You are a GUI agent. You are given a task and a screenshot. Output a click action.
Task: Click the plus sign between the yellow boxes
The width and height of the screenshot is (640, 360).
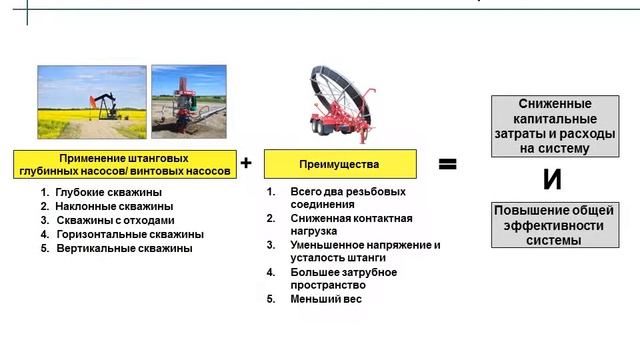pyautogui.click(x=246, y=161)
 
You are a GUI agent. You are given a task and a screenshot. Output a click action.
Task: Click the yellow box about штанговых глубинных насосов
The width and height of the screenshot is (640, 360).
pyautogui.click(x=125, y=165)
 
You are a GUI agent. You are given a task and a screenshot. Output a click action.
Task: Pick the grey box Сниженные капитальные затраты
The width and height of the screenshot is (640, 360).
pyautogui.click(x=553, y=126)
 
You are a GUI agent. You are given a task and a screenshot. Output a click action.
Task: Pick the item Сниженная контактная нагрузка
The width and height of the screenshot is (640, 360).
pyautogui.click(x=350, y=224)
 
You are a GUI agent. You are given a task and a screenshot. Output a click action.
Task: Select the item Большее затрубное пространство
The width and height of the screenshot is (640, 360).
pyautogui.click(x=343, y=278)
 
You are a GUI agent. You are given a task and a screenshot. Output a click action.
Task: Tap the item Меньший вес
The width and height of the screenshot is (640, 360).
pyautogui.click(x=325, y=299)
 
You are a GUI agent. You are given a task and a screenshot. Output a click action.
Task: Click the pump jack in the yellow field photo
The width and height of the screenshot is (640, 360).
pyautogui.click(x=99, y=105)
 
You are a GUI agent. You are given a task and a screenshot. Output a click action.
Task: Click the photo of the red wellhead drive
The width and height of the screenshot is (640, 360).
pyautogui.click(x=187, y=102)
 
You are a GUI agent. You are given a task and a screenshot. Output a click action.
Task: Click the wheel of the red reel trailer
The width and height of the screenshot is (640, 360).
pyautogui.click(x=322, y=129)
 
